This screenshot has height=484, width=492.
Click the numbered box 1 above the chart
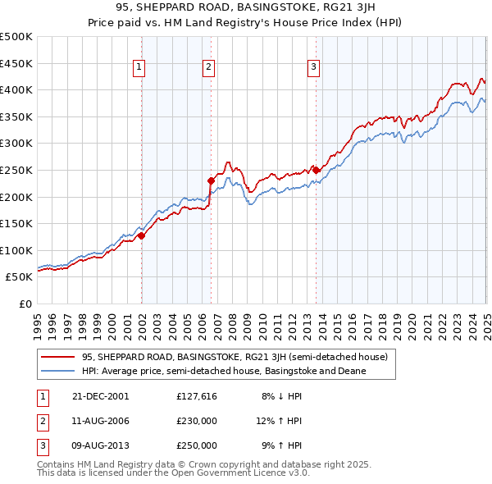point(139,68)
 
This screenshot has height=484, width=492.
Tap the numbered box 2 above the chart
point(208,68)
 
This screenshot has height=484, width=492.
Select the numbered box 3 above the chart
point(313,68)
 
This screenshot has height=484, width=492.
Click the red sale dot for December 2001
point(142,235)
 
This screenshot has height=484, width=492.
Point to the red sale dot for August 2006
point(211,180)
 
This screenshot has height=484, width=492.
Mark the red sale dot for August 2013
point(316,170)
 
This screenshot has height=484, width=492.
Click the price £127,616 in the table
point(197,396)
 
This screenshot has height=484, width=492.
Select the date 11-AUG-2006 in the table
point(101,421)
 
